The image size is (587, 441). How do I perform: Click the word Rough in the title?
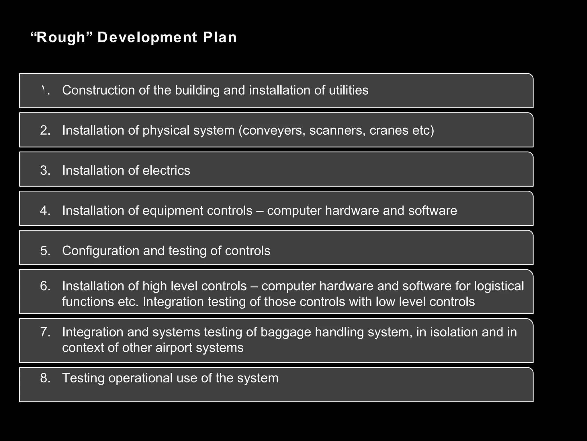point(61,38)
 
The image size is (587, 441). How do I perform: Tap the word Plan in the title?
point(220,38)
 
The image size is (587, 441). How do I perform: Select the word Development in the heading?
point(147,38)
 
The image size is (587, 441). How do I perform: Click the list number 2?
point(45,130)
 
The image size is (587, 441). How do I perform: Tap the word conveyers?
point(272,130)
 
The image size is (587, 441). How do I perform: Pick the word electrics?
point(166,171)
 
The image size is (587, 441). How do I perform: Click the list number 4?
point(45,211)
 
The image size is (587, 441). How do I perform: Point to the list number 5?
point(45,251)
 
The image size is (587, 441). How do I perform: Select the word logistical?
point(499,286)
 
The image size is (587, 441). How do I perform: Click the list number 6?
point(45,286)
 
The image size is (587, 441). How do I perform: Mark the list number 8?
point(45,378)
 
